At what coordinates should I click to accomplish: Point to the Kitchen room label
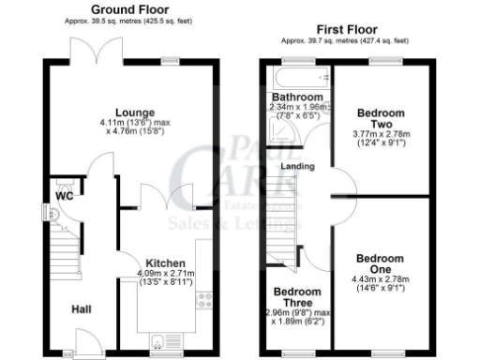coord(164,263)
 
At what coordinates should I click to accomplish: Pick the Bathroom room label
coord(297,97)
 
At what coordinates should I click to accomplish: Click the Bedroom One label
coord(379,263)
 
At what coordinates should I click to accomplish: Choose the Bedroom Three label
coord(295,291)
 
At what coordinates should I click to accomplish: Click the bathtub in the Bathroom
coord(298,78)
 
